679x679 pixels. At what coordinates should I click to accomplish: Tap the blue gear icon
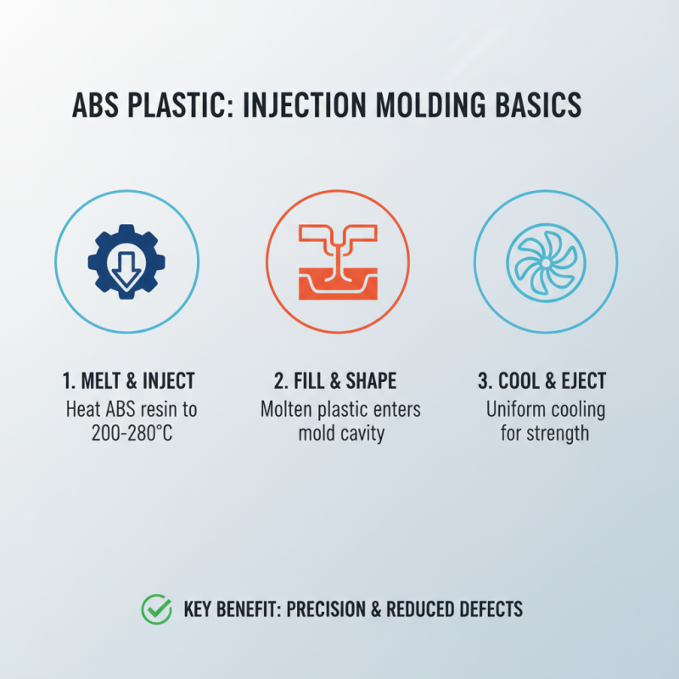(127, 261)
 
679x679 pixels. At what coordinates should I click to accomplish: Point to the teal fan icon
(546, 261)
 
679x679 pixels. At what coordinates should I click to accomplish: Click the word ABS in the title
(95, 105)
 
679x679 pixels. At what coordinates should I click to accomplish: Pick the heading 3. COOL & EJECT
(546, 379)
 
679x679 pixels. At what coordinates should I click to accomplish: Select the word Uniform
(515, 410)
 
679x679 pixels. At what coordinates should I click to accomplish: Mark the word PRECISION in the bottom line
(339, 609)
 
